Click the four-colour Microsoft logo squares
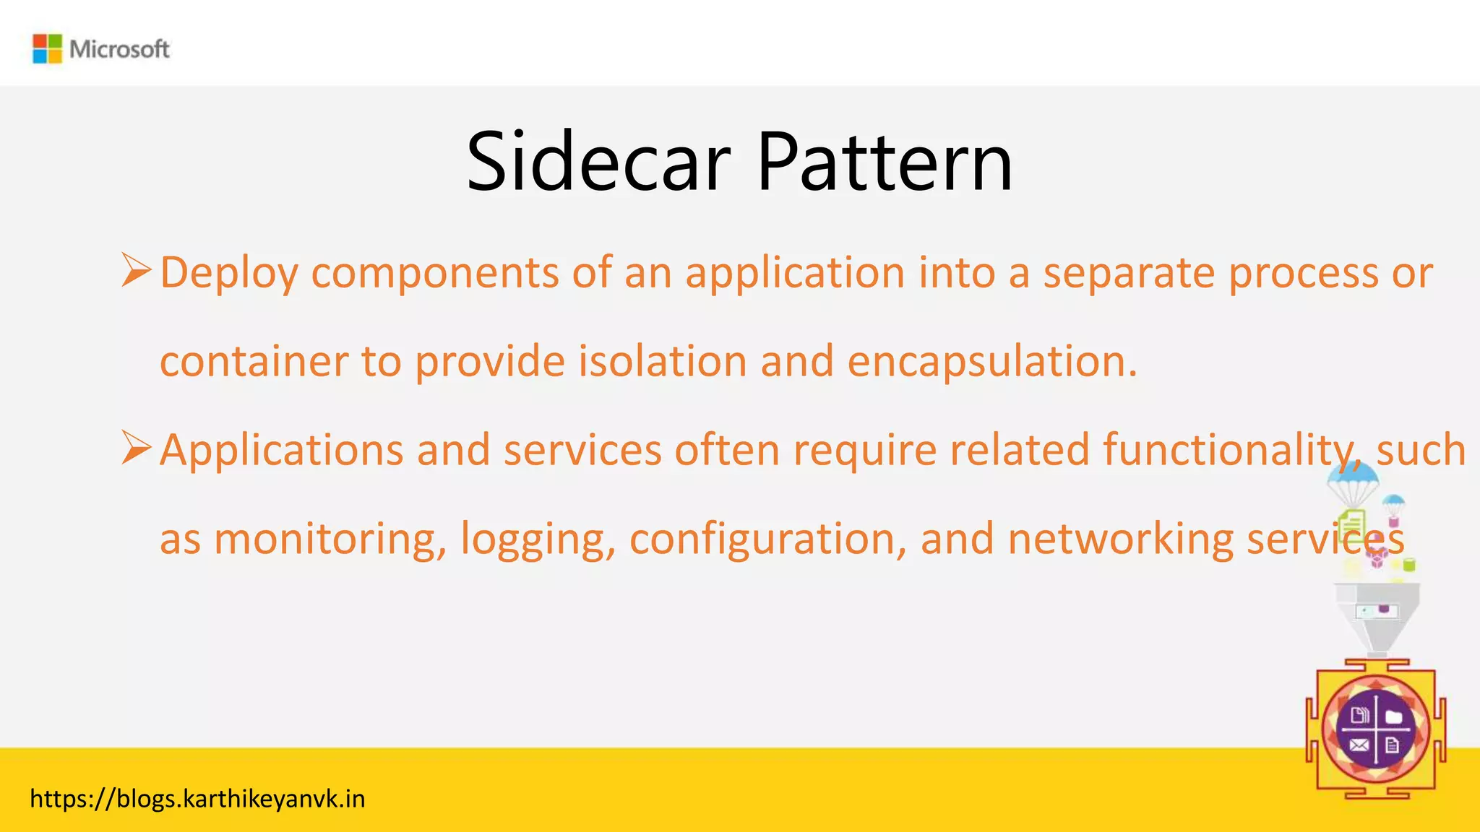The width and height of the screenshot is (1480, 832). (x=48, y=49)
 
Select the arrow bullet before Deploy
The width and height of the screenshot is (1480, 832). (x=136, y=270)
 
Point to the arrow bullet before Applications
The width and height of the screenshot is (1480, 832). (x=136, y=448)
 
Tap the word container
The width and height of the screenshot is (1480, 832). (x=254, y=361)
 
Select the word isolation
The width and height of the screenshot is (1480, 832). (x=662, y=361)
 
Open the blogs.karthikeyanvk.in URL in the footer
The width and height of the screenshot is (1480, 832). (x=197, y=799)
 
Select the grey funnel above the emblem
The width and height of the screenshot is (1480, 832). (x=1377, y=614)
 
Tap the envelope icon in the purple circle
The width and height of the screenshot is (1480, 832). (x=1359, y=745)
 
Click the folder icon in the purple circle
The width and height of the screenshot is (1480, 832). (x=1394, y=716)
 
